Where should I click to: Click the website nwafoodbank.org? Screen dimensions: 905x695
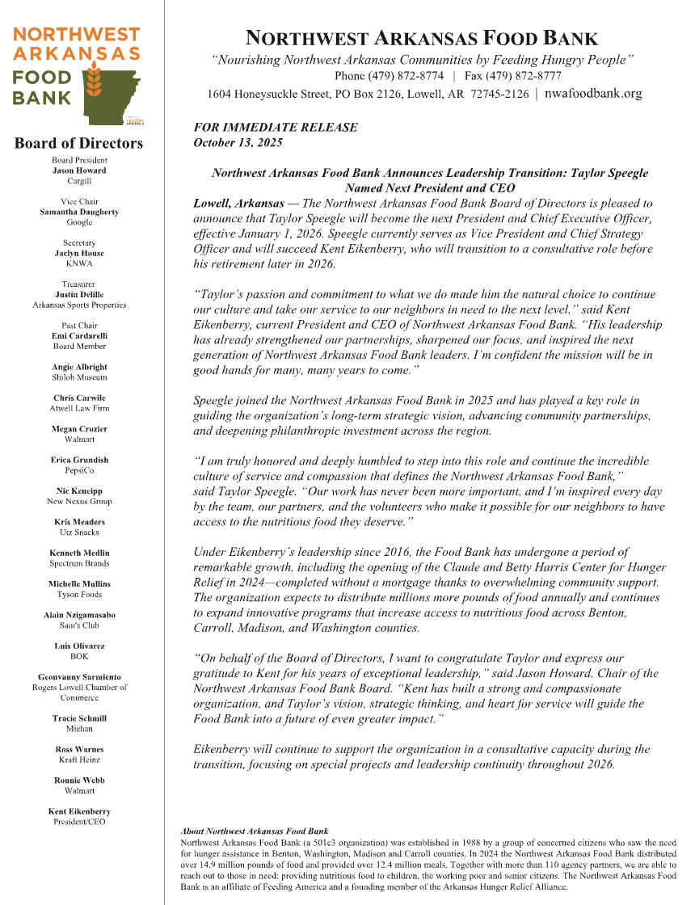(x=593, y=94)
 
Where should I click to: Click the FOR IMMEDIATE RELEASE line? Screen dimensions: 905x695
(x=276, y=128)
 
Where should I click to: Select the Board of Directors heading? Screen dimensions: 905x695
(x=78, y=144)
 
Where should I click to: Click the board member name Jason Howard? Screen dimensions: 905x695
(x=79, y=170)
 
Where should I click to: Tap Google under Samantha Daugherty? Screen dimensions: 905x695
(x=79, y=222)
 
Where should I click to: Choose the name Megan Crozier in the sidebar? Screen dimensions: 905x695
(x=79, y=429)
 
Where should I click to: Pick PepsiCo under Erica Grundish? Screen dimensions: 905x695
(x=79, y=470)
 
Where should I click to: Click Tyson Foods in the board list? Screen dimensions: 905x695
(x=79, y=594)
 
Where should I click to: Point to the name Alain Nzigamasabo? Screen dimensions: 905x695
(x=79, y=615)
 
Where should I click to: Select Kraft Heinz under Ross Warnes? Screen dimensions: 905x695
(x=79, y=760)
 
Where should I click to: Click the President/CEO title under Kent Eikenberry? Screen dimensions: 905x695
(x=79, y=822)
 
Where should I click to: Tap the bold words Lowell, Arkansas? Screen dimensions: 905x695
(x=239, y=204)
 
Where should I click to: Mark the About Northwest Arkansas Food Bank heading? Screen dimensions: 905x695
(x=255, y=831)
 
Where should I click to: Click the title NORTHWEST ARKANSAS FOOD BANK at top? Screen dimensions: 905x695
(x=422, y=37)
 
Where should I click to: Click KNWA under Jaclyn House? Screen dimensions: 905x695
(x=79, y=263)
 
